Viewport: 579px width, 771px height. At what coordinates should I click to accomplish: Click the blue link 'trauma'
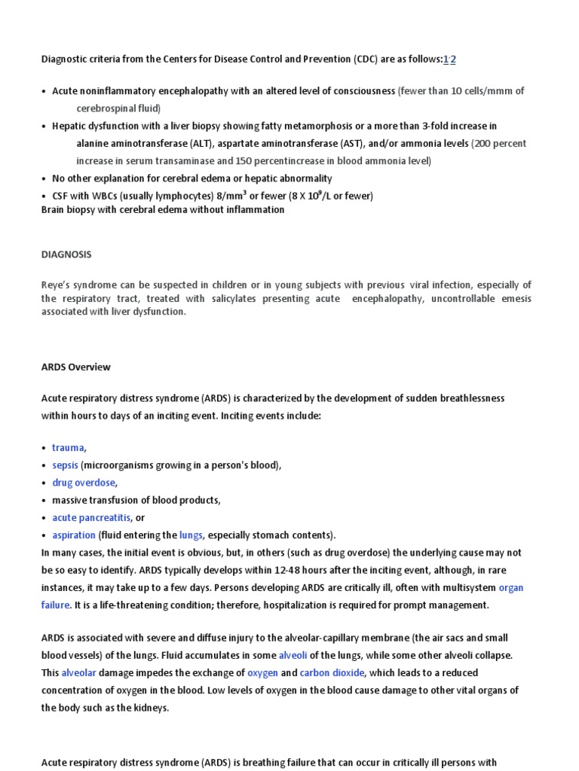tap(68, 448)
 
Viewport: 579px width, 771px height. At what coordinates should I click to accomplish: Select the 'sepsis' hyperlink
tap(65, 465)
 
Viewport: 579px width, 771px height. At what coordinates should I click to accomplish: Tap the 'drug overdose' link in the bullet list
tap(84, 483)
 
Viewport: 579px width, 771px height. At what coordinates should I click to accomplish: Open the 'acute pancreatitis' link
tap(90, 518)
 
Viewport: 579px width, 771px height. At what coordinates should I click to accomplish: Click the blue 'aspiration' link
tap(74, 535)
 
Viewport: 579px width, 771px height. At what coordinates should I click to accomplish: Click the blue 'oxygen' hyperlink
tap(262, 673)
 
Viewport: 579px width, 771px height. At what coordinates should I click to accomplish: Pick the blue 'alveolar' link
tap(78, 673)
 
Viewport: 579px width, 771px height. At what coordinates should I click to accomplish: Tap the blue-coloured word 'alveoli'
tap(293, 655)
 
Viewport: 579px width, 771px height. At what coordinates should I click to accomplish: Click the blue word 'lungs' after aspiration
tap(191, 535)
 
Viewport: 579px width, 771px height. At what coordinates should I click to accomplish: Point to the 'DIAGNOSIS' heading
tap(66, 254)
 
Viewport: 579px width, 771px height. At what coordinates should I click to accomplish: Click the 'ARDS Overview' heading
tap(75, 367)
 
